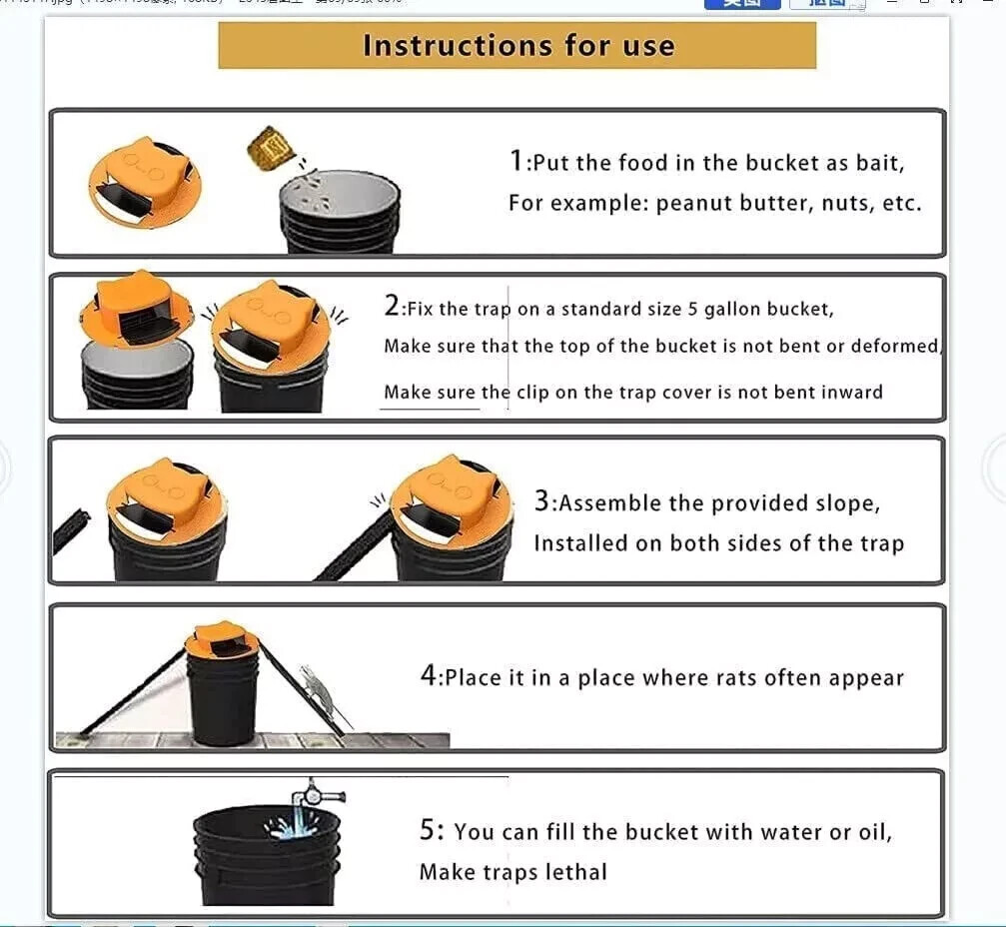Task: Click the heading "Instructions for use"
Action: click(x=517, y=46)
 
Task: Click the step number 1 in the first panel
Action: click(x=515, y=161)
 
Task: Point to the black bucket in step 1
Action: click(x=339, y=213)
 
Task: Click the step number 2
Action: click(x=391, y=307)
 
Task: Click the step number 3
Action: click(x=541, y=501)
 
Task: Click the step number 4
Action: click(x=429, y=676)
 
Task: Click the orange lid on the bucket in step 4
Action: click(x=222, y=638)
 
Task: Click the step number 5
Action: click(x=428, y=829)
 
